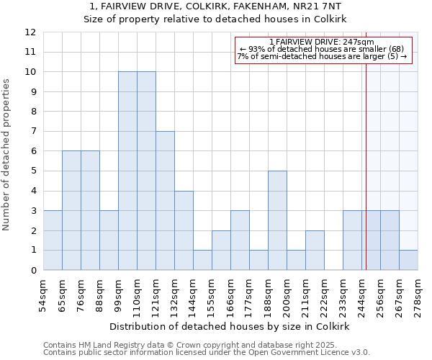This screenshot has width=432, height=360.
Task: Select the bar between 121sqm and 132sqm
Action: coord(165,201)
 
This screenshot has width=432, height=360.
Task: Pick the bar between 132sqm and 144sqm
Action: coord(184,230)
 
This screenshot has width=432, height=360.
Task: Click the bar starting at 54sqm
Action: coord(53,240)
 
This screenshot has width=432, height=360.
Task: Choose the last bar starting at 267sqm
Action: coord(408,260)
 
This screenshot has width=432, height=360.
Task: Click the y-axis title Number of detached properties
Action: coord(6,155)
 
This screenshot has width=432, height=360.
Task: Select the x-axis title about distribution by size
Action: coord(230,326)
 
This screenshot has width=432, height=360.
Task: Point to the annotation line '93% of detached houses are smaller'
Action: coord(324,49)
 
